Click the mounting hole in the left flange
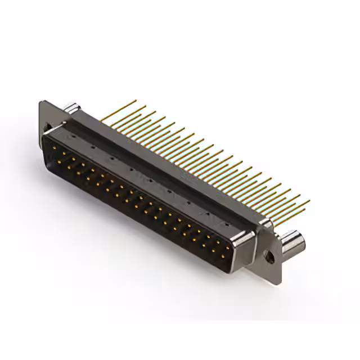pyautogui.click(x=47, y=128)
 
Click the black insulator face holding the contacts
pyautogui.click(x=141, y=202)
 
